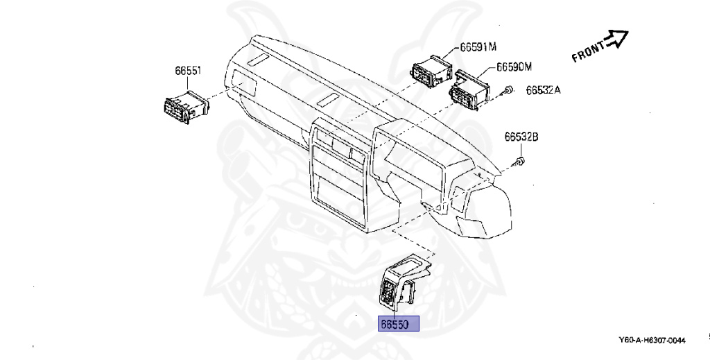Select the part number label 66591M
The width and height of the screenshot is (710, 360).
(478, 47)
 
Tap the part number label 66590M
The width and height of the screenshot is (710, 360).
(514, 67)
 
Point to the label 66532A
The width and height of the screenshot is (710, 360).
(543, 90)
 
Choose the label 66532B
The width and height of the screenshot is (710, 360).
(521, 137)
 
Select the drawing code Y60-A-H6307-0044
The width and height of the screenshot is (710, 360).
(652, 341)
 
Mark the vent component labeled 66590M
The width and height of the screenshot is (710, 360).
(469, 88)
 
